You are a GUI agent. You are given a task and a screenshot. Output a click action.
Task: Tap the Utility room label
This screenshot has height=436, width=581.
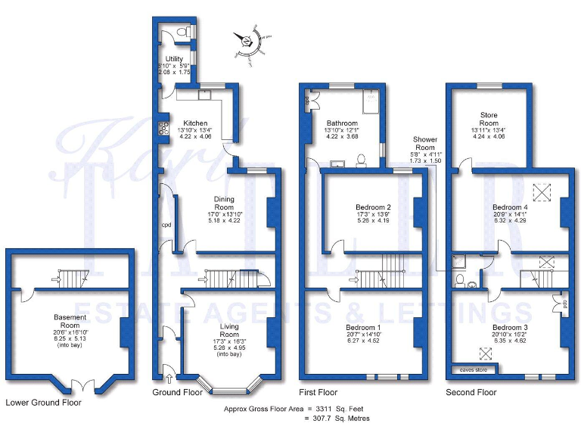click(175, 58)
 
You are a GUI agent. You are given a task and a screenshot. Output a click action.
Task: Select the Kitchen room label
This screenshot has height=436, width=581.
click(194, 123)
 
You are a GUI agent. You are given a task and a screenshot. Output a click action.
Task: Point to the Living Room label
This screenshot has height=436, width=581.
click(229, 329)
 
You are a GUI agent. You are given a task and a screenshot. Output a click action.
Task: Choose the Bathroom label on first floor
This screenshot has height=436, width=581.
click(342, 123)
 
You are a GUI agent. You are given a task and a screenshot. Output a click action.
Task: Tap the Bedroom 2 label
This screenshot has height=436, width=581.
click(373, 207)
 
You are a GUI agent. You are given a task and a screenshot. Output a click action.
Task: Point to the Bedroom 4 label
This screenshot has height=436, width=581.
click(510, 207)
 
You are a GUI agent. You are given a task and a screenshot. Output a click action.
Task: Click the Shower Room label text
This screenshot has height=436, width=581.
click(425, 143)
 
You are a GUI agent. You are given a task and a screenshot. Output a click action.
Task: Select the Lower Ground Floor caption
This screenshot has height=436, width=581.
click(43, 403)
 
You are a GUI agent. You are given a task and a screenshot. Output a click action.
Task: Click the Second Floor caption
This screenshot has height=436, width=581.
click(471, 392)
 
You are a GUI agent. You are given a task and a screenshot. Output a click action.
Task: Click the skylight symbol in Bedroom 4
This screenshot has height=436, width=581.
click(542, 190)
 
